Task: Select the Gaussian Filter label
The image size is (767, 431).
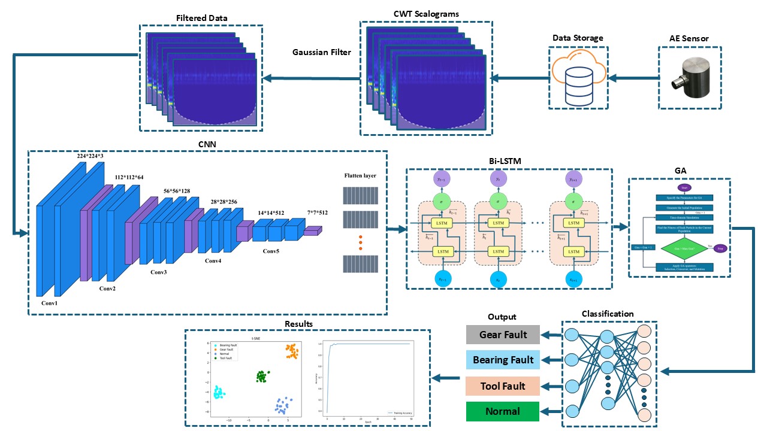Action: click(x=322, y=52)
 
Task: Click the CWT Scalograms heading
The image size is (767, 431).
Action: click(x=426, y=13)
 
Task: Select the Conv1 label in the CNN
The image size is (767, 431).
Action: click(x=49, y=303)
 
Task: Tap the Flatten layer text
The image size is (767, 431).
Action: click(x=361, y=175)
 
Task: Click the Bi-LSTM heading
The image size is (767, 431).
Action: click(x=509, y=161)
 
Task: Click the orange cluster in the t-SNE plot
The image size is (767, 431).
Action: click(x=292, y=351)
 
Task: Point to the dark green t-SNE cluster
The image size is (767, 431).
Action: click(x=262, y=377)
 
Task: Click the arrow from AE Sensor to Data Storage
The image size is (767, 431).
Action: click(x=632, y=78)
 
